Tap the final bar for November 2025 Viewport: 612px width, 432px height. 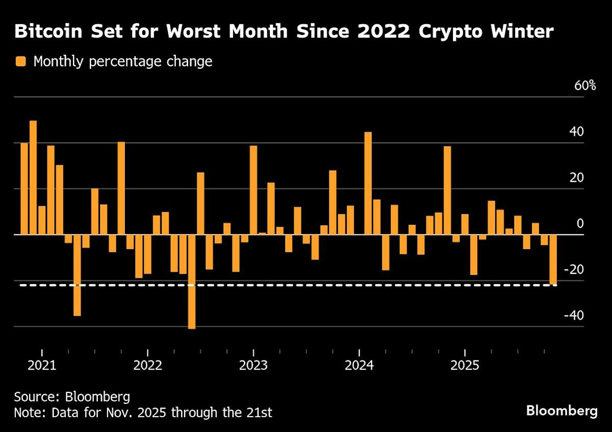tap(553, 259)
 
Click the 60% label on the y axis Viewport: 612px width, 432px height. tap(585, 86)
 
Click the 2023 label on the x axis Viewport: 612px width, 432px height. tap(253, 366)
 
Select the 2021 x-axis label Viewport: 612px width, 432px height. tap(42, 366)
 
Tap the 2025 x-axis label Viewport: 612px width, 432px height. tap(465, 366)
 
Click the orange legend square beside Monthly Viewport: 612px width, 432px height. tap(20, 62)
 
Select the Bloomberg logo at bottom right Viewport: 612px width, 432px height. tap(562, 411)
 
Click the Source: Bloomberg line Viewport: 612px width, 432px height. tap(65, 397)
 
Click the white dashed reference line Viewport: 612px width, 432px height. tap(306, 285)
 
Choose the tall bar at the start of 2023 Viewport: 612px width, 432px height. tap(253, 190)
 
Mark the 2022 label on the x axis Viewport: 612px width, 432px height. tap(147, 366)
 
